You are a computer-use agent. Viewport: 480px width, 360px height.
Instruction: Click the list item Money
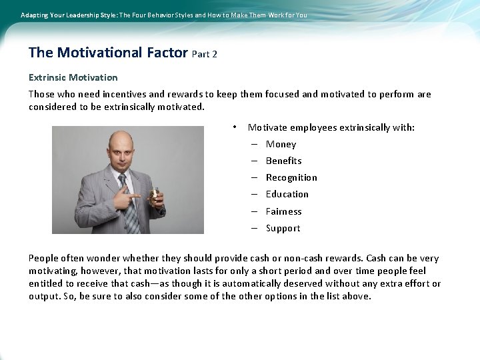[x=281, y=145]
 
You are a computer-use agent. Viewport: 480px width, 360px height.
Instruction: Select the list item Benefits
[x=283, y=161]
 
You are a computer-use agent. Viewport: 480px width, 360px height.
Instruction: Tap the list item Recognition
[x=291, y=178]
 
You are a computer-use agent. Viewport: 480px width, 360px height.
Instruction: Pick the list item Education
[x=287, y=195]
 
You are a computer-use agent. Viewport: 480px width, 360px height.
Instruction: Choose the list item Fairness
[x=283, y=212]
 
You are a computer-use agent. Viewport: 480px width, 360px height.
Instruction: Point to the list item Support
[x=283, y=229]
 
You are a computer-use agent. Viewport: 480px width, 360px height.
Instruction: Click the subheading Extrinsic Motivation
[x=73, y=77]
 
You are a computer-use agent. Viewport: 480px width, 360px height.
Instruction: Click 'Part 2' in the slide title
[x=204, y=54]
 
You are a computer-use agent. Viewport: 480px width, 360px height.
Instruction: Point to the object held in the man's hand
[x=155, y=195]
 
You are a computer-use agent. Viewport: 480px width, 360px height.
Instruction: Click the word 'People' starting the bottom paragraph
[x=43, y=259]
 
